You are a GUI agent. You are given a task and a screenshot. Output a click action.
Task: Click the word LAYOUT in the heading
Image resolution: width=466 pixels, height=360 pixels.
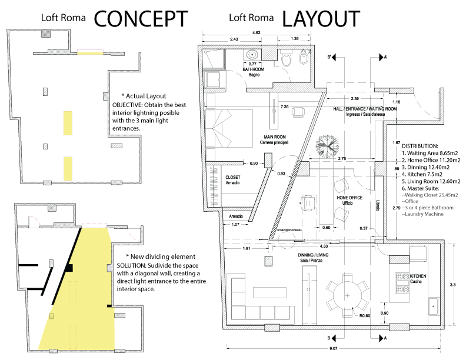tap(320, 19)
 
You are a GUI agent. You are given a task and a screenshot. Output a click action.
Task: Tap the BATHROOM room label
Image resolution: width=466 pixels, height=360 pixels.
tap(254, 69)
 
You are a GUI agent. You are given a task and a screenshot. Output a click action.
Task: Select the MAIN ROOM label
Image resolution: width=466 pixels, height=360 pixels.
tap(275, 136)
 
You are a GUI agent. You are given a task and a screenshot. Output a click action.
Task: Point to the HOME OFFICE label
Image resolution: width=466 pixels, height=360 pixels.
tap(349, 198)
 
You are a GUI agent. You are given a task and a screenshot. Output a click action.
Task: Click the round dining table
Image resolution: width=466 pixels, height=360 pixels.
tap(348, 294)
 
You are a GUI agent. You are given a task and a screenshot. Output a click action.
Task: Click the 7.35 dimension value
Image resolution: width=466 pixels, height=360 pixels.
tap(284, 108)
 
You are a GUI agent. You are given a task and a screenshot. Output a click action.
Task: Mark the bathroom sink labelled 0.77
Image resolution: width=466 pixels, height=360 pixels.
tap(253, 56)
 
